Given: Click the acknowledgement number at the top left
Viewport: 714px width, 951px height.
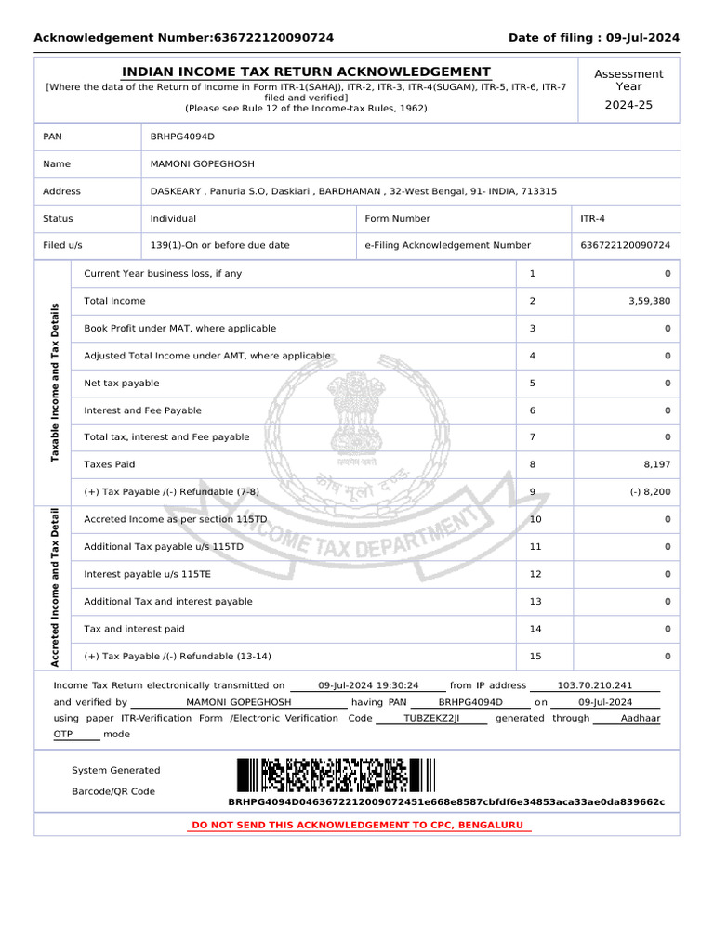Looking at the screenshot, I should coord(273,38).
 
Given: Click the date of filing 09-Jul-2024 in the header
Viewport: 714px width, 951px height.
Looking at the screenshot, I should coord(642,38).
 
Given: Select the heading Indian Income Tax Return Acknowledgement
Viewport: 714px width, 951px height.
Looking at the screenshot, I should coord(307,72).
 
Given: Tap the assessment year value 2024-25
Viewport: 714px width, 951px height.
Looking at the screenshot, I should coord(628,105).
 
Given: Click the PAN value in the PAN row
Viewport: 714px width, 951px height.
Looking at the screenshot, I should coord(182,137).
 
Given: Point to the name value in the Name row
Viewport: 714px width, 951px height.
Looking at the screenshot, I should coord(202,164).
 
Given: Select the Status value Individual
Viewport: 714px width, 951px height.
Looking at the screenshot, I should coord(173,219).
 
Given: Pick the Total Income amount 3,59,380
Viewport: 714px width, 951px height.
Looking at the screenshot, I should coord(649,301).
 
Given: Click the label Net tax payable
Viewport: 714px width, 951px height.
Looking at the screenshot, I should coord(122,383).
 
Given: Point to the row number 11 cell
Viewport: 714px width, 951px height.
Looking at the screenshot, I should coord(535,547).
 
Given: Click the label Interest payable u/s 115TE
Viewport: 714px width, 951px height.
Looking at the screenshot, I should coord(147,574).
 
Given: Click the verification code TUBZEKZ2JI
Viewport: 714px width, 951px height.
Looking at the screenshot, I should coord(431,719).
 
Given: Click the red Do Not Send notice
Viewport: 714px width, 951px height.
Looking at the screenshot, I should coord(357,826).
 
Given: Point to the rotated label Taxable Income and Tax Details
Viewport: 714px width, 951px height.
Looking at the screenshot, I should coord(54,383).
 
